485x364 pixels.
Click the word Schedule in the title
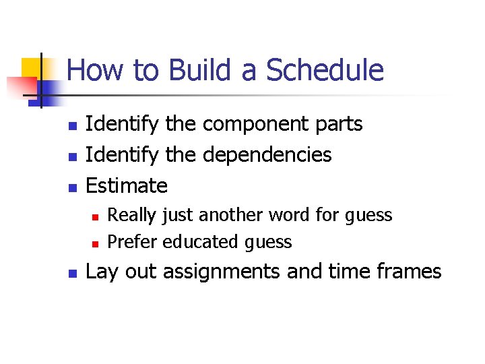[325, 71]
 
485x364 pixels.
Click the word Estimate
[127, 185]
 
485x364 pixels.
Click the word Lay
[101, 272]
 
